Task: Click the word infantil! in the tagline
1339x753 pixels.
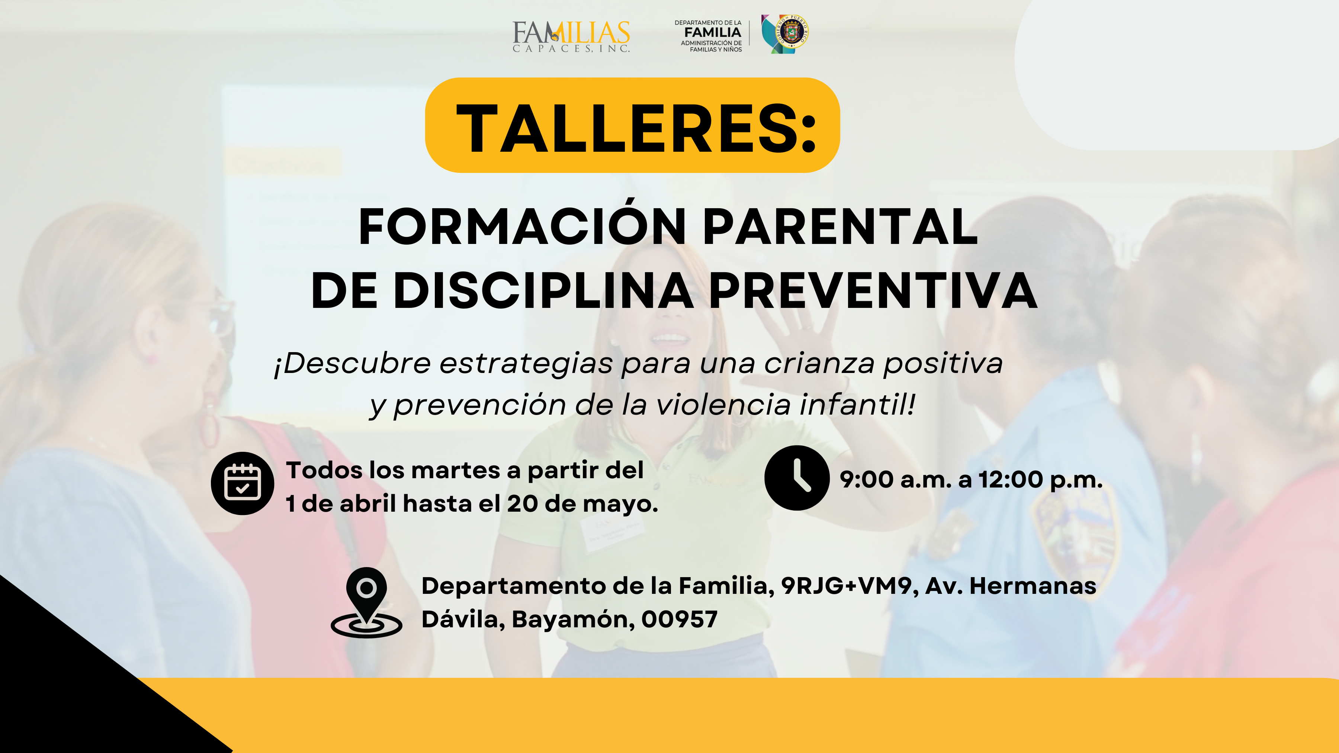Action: pos(858,404)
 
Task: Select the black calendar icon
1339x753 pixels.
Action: pos(242,483)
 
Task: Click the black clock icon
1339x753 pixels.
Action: pos(797,477)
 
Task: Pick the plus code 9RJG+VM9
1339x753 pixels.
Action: pos(846,586)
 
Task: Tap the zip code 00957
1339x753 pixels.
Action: pos(680,619)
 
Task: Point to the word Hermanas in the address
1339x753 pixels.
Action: pos(1033,586)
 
